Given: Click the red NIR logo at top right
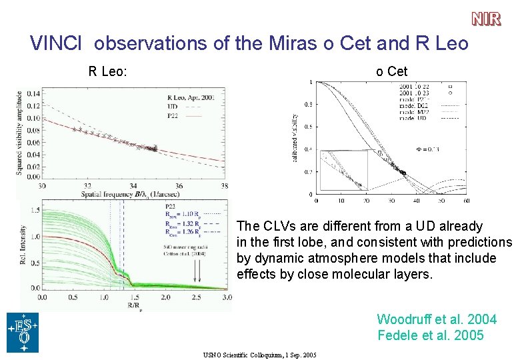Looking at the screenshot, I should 486,19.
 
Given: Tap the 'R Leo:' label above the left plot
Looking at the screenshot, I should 109,71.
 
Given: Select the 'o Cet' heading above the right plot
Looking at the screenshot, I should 391,71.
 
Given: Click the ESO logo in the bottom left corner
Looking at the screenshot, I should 23,332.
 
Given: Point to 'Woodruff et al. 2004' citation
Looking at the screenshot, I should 436,319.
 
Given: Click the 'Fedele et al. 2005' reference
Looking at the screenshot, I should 431,335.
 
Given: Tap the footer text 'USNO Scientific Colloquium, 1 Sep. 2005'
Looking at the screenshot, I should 259,354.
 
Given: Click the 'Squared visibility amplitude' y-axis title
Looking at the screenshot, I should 19,133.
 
